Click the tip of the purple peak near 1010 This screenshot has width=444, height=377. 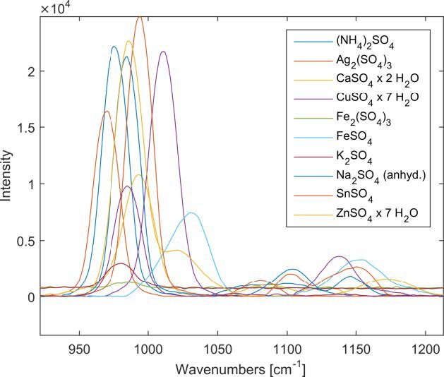point(163,52)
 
